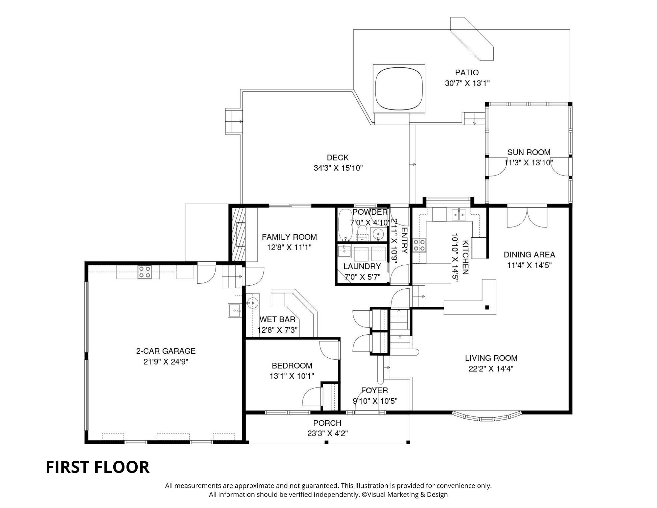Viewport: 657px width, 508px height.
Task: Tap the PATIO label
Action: pos(467,72)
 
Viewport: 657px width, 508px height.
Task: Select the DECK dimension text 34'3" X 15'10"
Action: pos(338,168)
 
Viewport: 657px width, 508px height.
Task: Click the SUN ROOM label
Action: pos(529,152)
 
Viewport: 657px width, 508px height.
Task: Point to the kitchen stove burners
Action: pos(419,245)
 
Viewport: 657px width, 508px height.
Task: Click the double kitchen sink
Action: pos(459,215)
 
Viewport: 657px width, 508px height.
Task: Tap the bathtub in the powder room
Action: pos(345,225)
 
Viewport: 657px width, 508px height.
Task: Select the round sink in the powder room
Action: pos(379,233)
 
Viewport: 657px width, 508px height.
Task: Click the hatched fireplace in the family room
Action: pos(238,234)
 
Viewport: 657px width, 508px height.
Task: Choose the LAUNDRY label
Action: pos(362,266)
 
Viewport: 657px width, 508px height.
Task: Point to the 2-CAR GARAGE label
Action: pos(166,351)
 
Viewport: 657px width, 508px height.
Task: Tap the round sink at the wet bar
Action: pos(253,302)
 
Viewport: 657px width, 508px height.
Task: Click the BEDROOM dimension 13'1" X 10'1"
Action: pos(292,376)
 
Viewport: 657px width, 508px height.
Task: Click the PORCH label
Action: pos(327,423)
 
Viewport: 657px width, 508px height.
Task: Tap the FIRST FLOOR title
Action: pos(97,467)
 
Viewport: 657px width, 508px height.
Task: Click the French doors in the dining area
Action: pos(527,217)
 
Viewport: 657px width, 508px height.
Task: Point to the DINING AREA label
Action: pos(529,254)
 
